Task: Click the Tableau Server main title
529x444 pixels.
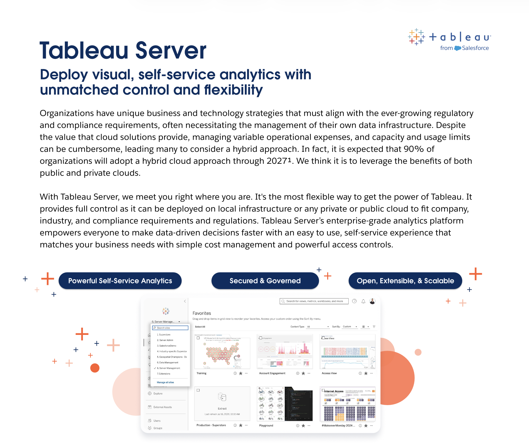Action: (x=123, y=51)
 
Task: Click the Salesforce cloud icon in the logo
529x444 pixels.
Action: (x=457, y=48)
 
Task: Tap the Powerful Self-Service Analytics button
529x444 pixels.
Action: (x=120, y=281)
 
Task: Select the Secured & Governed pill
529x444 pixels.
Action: (x=265, y=281)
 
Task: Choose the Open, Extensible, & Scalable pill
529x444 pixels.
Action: (x=405, y=281)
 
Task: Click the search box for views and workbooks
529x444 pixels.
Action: (x=314, y=301)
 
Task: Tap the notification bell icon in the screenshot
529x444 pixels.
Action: (x=364, y=301)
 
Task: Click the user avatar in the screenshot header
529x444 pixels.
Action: (x=372, y=301)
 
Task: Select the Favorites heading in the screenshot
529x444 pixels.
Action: (x=202, y=313)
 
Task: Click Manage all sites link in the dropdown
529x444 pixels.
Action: (x=165, y=382)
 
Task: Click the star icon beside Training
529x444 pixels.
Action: (x=241, y=373)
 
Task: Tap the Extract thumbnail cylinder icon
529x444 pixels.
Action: (x=222, y=397)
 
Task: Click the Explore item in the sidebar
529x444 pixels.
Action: (x=158, y=394)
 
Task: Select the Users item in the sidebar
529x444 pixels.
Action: (x=157, y=421)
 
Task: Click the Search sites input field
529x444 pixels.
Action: (x=170, y=328)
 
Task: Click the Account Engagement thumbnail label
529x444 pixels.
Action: (x=272, y=373)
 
